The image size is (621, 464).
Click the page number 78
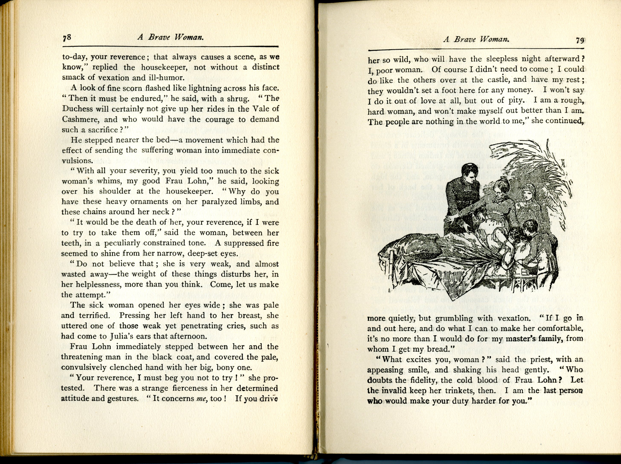[67, 38]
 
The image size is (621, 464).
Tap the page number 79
[580, 41]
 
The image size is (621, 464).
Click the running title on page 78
[170, 37]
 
